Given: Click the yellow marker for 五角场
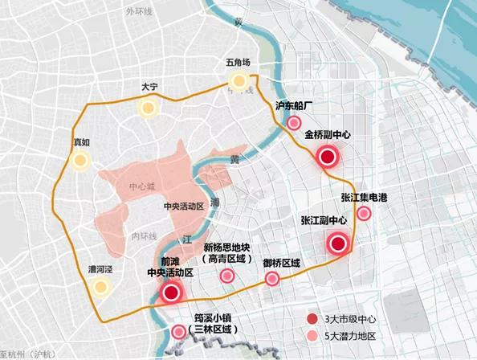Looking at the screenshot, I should (238, 80).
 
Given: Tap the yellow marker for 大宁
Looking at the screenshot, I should (147, 108).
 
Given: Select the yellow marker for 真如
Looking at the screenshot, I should (79, 161).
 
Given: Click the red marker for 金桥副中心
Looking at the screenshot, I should (326, 157).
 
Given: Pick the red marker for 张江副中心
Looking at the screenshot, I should (338, 244).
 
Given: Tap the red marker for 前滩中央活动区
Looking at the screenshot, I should (170, 293).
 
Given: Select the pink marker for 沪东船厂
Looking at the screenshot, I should (295, 123).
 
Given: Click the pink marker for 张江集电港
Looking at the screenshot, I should (364, 213).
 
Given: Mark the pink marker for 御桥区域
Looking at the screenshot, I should (274, 280).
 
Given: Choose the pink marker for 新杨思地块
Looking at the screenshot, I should (228, 276).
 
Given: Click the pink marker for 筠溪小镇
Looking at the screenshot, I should (178, 332).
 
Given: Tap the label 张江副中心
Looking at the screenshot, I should (324, 220).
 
